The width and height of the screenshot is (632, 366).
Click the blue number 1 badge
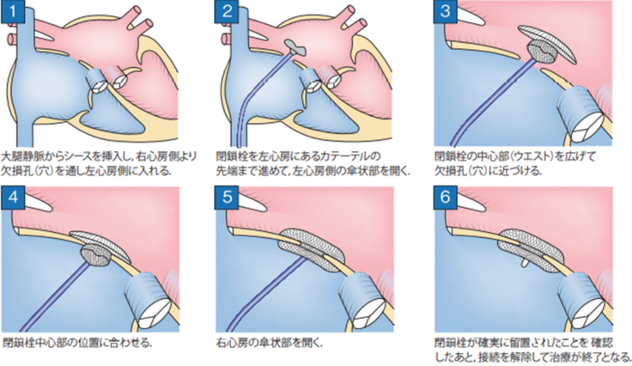(13, 11)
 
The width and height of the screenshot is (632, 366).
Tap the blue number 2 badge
(228, 11)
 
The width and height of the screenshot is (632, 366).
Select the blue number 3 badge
(446, 11)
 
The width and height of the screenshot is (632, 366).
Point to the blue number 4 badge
(13, 197)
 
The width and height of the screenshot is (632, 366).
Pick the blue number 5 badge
(228, 197)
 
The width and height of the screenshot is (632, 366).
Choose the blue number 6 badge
(446, 197)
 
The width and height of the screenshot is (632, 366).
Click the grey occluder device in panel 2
(295, 47)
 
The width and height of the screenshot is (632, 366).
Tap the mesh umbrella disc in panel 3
(545, 42)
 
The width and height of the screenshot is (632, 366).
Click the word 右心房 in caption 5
(229, 343)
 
